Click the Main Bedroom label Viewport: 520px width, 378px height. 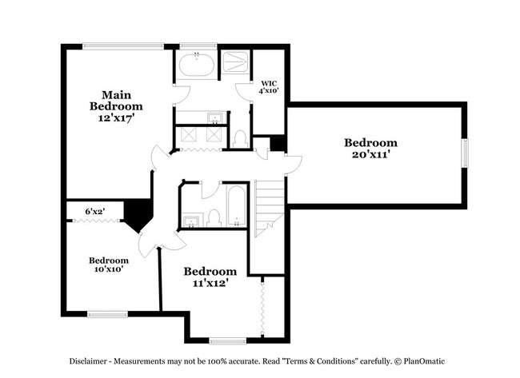(116, 101)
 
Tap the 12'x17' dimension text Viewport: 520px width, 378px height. (116, 117)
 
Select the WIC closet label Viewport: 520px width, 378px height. (269, 83)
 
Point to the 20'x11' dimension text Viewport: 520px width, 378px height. (370, 154)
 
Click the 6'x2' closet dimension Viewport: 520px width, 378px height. (95, 211)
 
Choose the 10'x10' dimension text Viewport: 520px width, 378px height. (109, 269)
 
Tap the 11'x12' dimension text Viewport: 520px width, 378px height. (210, 283)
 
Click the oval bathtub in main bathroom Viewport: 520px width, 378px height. (196, 65)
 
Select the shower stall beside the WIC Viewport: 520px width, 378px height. (235, 62)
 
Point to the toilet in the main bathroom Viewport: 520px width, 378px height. (240, 139)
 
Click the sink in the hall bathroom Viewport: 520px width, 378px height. (191, 221)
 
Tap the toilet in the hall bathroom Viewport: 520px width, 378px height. (214, 218)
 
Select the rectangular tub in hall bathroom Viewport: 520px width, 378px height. (237, 205)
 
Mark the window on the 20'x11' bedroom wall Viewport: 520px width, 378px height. (466, 153)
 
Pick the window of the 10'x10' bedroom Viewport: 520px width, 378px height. (107, 314)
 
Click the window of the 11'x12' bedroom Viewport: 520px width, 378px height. (228, 341)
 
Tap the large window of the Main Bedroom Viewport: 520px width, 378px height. (123, 46)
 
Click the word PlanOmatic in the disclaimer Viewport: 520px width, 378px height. (424, 361)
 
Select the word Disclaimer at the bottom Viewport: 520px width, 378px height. (88, 361)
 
